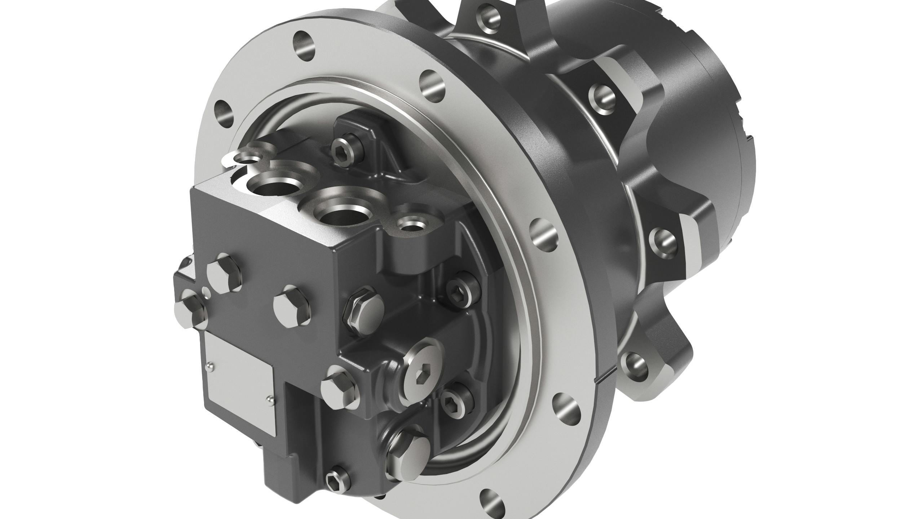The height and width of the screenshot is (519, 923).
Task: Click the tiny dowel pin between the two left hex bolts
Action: click(205, 290)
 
